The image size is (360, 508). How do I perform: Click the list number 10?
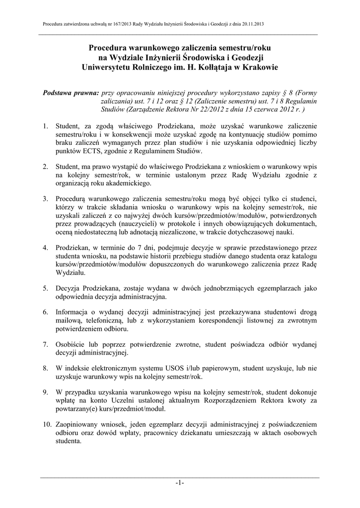click(46, 425)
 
